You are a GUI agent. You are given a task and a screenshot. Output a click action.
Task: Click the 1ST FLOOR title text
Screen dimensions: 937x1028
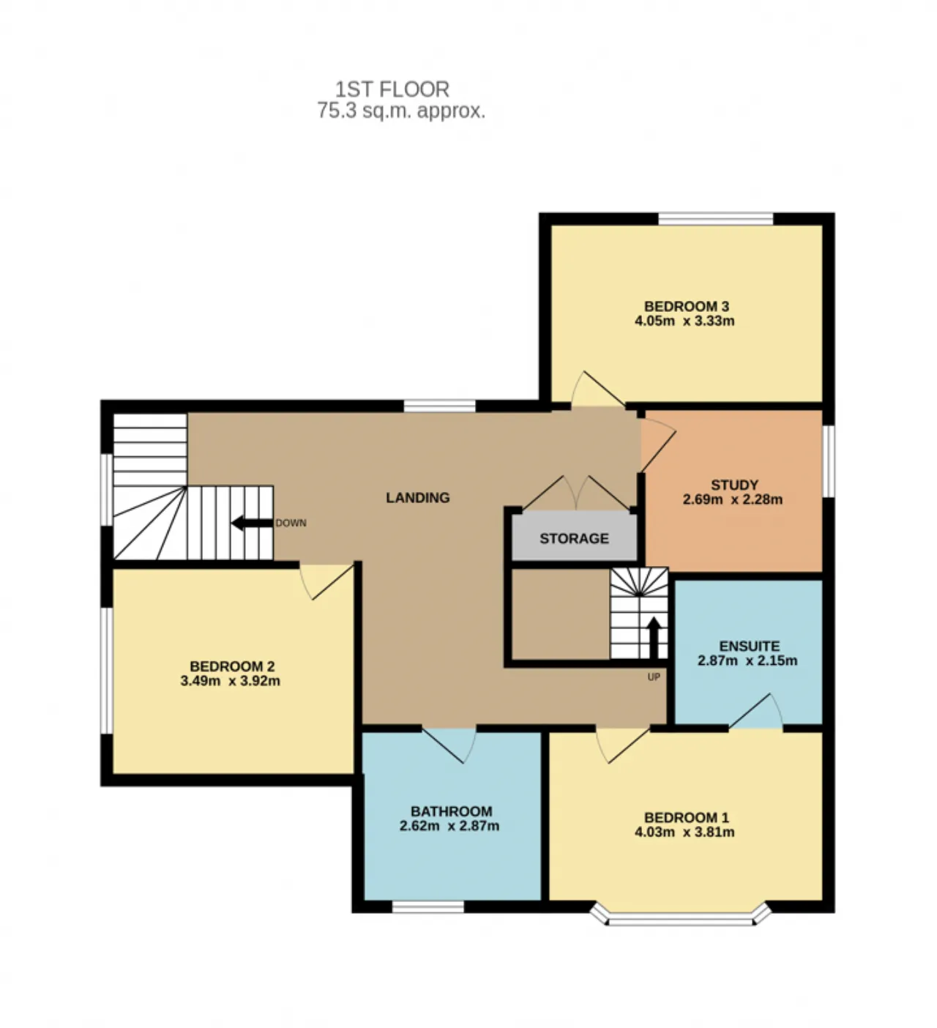pos(392,89)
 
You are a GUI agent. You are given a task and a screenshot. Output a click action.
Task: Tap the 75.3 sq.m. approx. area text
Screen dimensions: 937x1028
pos(401,111)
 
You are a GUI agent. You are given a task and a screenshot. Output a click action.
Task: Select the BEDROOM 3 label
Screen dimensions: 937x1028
pos(687,307)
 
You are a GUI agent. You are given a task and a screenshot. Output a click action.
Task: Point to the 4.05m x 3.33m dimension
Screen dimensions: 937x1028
pos(684,321)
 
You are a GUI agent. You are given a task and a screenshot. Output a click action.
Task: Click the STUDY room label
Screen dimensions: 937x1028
pos(734,485)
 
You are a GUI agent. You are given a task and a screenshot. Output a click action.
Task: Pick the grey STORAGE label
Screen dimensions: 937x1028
pos(574,539)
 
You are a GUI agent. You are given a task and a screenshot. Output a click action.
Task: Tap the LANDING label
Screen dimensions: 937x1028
pos(418,498)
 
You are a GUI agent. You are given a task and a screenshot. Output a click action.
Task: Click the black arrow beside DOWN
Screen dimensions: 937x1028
pos(252,524)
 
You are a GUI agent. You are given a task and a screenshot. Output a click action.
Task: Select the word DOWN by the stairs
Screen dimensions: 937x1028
pos(291,524)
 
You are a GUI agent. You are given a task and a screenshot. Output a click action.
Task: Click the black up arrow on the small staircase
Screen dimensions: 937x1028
pos(654,638)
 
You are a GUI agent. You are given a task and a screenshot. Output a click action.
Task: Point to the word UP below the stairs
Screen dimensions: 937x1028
pos(654,677)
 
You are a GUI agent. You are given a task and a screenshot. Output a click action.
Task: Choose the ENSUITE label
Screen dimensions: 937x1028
pos(749,647)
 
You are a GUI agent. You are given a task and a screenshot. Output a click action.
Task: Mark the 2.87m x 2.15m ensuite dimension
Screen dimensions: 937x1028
pos(747,660)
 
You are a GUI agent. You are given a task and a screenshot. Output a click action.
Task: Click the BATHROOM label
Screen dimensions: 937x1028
pos(451,812)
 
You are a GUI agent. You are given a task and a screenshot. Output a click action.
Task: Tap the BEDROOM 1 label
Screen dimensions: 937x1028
pos(687,817)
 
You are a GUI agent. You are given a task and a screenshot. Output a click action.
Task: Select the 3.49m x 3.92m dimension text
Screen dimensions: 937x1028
pos(230,681)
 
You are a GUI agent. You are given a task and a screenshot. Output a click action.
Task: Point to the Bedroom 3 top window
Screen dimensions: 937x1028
pos(716,220)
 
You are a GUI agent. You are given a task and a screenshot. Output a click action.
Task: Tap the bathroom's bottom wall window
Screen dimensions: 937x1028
pos(428,908)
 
